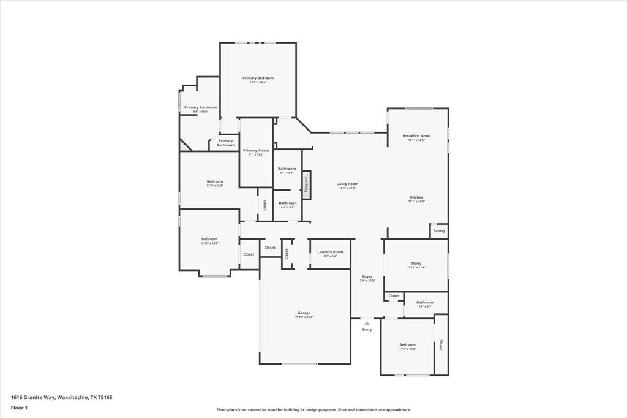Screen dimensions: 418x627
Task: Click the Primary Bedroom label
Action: pyautogui.click(x=258, y=78)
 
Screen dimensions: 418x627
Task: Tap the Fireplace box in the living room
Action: pyautogui.click(x=306, y=184)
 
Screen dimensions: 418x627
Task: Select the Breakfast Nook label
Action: pyautogui.click(x=416, y=135)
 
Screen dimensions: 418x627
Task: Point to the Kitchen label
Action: pyautogui.click(x=416, y=197)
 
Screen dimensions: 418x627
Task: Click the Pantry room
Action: pyautogui.click(x=439, y=231)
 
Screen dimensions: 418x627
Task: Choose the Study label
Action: pyautogui.click(x=416, y=264)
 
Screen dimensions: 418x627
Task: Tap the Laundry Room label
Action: pyautogui.click(x=330, y=252)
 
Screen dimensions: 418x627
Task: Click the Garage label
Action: pyautogui.click(x=304, y=313)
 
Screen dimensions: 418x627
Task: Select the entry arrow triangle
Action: pyautogui.click(x=367, y=323)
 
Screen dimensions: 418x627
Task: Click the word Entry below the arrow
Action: pyautogui.click(x=367, y=330)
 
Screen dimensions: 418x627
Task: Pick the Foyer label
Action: pyautogui.click(x=367, y=277)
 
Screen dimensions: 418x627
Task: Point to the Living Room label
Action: pyautogui.click(x=347, y=184)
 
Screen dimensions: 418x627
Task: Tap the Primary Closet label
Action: pyautogui.click(x=256, y=150)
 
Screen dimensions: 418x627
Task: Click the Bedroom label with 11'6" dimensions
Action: pyautogui.click(x=407, y=345)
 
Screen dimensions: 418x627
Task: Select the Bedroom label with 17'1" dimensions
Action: pyautogui.click(x=215, y=181)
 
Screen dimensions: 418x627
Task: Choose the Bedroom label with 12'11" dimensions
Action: pyautogui.click(x=210, y=239)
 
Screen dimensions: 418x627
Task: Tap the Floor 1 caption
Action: pyautogui.click(x=19, y=408)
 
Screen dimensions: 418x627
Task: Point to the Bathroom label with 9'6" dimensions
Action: pyautogui.click(x=425, y=302)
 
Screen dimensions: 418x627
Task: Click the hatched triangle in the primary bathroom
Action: pyautogui.click(x=184, y=146)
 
